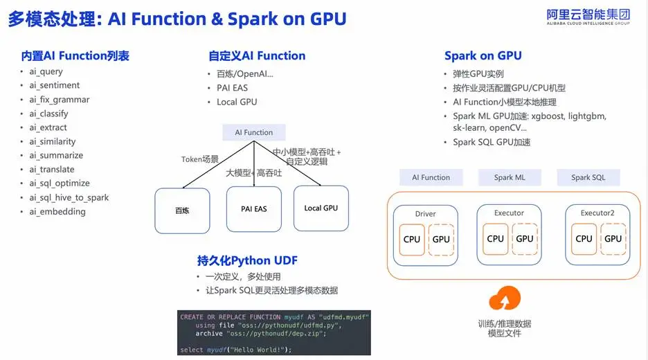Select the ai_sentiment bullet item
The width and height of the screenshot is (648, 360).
[54, 85]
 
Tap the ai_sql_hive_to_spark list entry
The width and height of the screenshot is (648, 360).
[69, 197]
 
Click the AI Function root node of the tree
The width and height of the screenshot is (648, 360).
[254, 132]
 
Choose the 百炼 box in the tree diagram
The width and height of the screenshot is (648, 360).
[182, 209]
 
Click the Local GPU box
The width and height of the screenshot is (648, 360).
[321, 208]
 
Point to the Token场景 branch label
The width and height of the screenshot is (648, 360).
[200, 159]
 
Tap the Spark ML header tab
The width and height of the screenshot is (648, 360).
[510, 177]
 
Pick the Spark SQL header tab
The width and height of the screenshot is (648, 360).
[588, 177]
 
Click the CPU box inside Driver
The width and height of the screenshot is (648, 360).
[412, 240]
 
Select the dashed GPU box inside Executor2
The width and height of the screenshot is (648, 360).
[613, 239]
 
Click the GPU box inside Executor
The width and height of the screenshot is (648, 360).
[525, 239]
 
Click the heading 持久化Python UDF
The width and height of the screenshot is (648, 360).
[247, 260]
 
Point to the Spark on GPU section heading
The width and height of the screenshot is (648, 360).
[483, 56]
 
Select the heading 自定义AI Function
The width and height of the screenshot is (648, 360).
[257, 56]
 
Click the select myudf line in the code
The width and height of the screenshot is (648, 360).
[236, 350]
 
